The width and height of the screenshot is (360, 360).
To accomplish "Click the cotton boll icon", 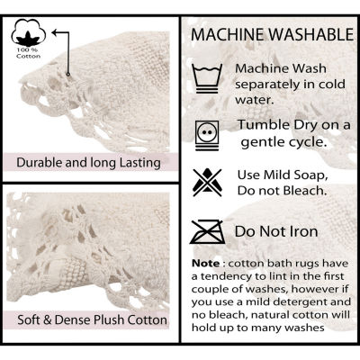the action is (29, 32).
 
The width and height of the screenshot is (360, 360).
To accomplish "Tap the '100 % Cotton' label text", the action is (29, 53).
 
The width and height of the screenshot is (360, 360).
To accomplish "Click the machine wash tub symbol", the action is (207, 78).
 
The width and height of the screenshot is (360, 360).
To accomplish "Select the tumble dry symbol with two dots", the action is (207, 135).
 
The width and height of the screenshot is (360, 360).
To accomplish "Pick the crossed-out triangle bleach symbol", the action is (207, 183).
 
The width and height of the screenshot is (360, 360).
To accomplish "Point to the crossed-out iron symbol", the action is (207, 232).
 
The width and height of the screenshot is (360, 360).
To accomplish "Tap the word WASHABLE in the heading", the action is (311, 34).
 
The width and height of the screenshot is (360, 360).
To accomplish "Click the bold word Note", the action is (206, 264).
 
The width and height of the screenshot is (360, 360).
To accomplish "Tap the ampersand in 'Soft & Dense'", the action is (48, 319).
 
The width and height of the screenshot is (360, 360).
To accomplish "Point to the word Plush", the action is (110, 319).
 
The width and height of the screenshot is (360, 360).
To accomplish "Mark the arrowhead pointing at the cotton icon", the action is (55, 32).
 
